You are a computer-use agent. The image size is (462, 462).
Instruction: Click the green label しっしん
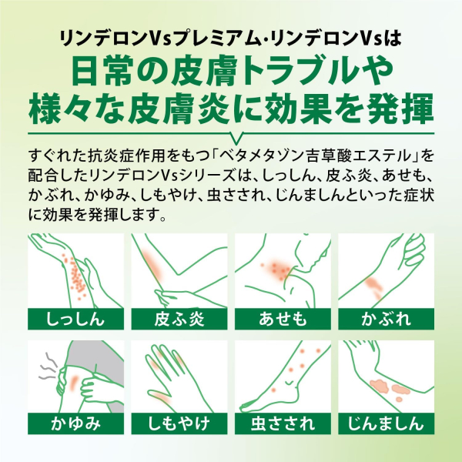point(75,319)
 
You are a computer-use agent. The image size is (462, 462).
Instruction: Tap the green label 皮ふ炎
point(179,319)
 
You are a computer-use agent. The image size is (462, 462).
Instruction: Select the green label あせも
point(283,319)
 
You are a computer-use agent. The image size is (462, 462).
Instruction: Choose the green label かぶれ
point(386,319)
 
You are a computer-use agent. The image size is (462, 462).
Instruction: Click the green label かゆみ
point(75,423)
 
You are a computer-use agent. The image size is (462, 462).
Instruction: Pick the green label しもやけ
point(179,423)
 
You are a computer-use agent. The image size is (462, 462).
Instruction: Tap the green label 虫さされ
point(283,423)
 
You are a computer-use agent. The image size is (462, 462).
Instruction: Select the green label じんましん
point(386,423)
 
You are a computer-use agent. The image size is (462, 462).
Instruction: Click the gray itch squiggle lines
point(48,366)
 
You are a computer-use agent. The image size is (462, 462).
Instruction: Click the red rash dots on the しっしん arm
point(74,276)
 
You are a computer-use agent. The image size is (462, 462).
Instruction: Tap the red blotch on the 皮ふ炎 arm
point(152,264)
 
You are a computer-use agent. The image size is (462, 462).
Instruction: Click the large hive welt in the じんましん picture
point(380,386)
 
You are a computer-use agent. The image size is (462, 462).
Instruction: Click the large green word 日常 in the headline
point(102,72)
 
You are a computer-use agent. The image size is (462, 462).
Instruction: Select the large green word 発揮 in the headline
point(401,109)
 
